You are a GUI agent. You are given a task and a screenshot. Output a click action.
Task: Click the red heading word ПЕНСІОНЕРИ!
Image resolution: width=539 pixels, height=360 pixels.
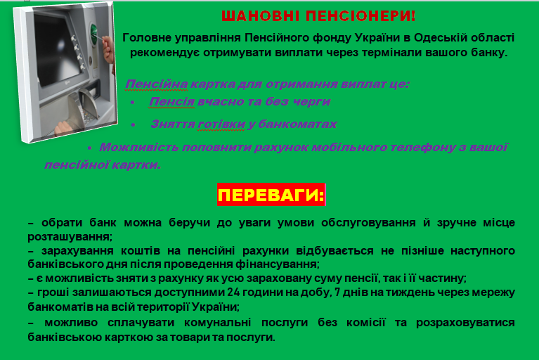click(361, 15)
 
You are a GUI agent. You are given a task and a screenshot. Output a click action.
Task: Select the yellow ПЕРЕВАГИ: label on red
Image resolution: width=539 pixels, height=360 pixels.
click(271, 195)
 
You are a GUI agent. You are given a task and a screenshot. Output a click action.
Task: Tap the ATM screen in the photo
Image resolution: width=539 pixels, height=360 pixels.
click(56, 48)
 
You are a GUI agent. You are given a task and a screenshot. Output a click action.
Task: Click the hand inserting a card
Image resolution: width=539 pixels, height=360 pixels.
click(108, 50)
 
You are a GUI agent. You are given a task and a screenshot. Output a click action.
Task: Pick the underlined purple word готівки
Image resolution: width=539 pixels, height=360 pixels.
click(221, 124)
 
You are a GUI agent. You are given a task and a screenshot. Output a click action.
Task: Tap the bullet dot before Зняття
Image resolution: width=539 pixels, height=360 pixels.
click(133, 125)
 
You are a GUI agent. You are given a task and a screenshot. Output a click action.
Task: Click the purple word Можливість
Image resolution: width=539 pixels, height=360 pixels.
click(138, 147)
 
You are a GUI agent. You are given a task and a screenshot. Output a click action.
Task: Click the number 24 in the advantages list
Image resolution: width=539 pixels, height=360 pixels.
click(233, 292)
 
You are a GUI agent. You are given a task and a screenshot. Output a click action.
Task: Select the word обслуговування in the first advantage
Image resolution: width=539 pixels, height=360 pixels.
click(368, 223)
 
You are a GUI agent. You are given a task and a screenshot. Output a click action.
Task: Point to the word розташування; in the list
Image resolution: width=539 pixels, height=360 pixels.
click(70, 236)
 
